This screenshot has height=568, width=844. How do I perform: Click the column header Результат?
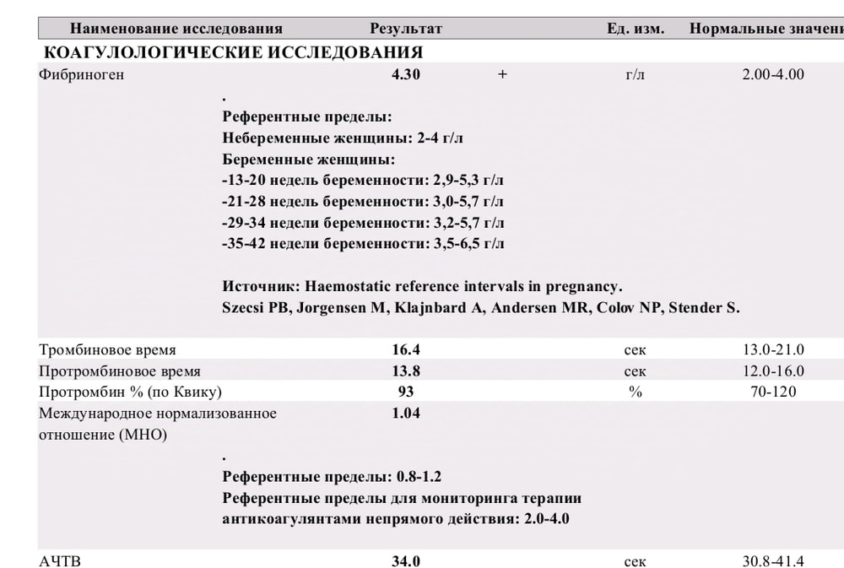pyautogui.click(x=406, y=29)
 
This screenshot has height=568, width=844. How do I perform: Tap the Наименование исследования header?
pyautogui.click(x=176, y=29)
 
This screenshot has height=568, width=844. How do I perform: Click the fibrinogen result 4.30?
pyautogui.click(x=406, y=74)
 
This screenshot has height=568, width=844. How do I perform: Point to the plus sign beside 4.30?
pyautogui.click(x=502, y=74)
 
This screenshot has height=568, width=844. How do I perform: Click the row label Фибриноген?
pyautogui.click(x=81, y=74)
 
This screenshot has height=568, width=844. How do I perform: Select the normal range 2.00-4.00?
pyautogui.click(x=773, y=74)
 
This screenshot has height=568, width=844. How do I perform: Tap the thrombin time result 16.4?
pyautogui.click(x=406, y=349)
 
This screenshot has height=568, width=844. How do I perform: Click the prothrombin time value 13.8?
pyautogui.click(x=406, y=371)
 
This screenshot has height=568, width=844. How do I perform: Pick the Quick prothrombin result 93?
pyautogui.click(x=406, y=392)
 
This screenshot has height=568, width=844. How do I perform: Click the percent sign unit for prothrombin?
pyautogui.click(x=636, y=392)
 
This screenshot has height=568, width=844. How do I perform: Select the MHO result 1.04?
pyautogui.click(x=406, y=414)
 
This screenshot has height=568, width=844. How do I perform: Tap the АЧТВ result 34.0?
pyautogui.click(x=406, y=561)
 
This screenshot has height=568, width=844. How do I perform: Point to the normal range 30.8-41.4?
pyautogui.click(x=773, y=561)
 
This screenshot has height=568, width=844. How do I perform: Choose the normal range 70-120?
pyautogui.click(x=773, y=392)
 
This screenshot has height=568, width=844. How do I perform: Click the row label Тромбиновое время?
pyautogui.click(x=108, y=349)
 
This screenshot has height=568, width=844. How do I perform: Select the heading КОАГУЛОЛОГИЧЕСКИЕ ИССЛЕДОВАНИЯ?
pyautogui.click(x=233, y=52)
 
